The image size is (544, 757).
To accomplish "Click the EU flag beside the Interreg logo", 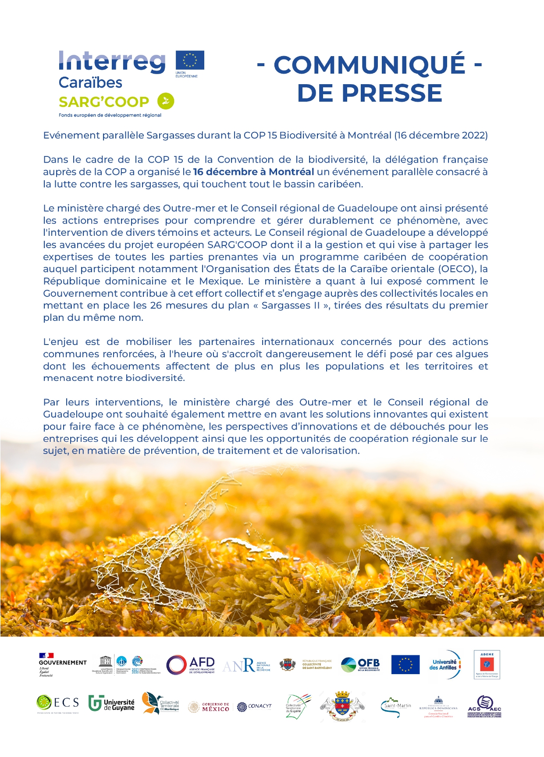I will tap(190, 60).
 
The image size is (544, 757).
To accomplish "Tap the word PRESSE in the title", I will tap(370, 93).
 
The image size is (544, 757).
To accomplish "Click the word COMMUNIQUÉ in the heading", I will tap(369, 65).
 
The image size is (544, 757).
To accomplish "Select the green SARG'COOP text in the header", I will tap(104, 102).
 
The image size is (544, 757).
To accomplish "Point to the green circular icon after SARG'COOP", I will tap(166, 101).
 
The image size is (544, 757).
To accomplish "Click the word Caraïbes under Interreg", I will tap(90, 82).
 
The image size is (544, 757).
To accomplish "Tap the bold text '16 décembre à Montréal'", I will tap(253, 172).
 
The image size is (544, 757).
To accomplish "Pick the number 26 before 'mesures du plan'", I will tap(156, 305).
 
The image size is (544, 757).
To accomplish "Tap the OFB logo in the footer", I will tap(360, 665).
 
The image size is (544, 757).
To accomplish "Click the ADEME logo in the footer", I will tap(487, 665).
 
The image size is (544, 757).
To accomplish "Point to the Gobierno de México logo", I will tap(209, 707).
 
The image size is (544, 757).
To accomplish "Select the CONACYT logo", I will tap(254, 707).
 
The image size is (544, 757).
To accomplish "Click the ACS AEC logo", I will tap(484, 706).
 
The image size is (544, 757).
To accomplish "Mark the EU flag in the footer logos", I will tap(405, 665).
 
